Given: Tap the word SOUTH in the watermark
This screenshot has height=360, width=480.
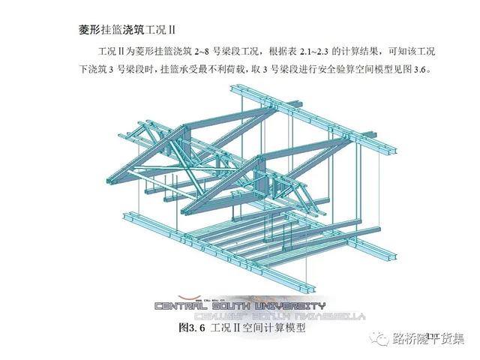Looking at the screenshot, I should point(239,306).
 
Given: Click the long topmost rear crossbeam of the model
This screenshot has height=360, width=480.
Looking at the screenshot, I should point(315,104).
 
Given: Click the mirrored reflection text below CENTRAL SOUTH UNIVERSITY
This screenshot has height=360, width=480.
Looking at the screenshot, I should point(239,316).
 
